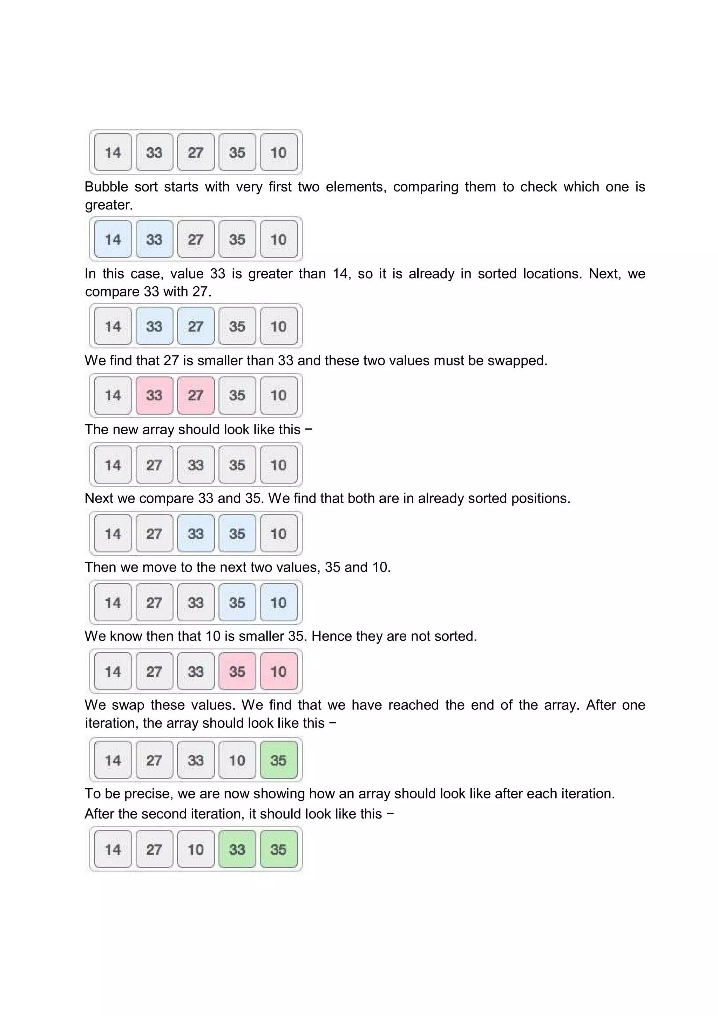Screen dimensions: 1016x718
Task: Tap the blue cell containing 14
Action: [113, 239]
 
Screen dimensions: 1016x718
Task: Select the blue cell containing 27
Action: [195, 326]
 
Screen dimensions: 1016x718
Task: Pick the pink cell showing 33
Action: [154, 395]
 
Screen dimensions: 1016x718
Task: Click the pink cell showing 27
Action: [195, 395]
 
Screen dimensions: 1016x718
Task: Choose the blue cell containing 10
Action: [278, 602]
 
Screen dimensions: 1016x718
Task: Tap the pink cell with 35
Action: [237, 671]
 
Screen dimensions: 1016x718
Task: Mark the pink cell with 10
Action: [278, 671]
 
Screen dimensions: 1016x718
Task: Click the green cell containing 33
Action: [237, 849]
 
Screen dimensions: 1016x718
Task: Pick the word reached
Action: [413, 705]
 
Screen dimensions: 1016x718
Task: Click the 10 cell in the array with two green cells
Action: [195, 849]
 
